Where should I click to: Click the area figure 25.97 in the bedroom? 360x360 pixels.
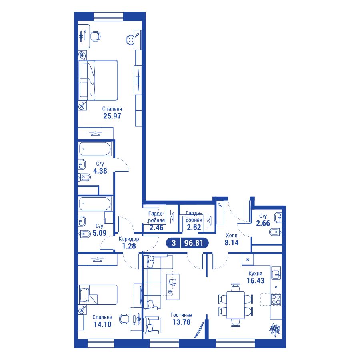[112, 116]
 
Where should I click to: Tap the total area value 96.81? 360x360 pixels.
[194, 243]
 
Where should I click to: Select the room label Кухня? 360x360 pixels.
[255, 274]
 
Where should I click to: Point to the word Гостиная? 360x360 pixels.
[181, 315]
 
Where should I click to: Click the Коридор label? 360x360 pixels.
[129, 239]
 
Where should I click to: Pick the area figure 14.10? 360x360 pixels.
[102, 324]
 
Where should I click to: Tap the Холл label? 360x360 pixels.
[232, 236]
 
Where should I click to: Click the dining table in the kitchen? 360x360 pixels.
[236, 305]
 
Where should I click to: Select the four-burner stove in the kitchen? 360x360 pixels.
[276, 299]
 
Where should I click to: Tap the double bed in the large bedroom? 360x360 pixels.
[98, 80]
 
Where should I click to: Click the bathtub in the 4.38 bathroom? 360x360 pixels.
[95, 149]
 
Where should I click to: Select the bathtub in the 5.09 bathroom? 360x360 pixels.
[95, 204]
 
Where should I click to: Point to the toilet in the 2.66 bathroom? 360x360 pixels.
[276, 232]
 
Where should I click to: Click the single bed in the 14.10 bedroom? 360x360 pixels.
[98, 295]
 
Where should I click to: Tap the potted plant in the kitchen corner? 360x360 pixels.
[275, 330]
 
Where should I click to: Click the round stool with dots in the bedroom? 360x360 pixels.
[131, 40]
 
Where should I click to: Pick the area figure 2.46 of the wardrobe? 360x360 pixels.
[156, 228]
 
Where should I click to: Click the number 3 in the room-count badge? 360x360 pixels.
[174, 243]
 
